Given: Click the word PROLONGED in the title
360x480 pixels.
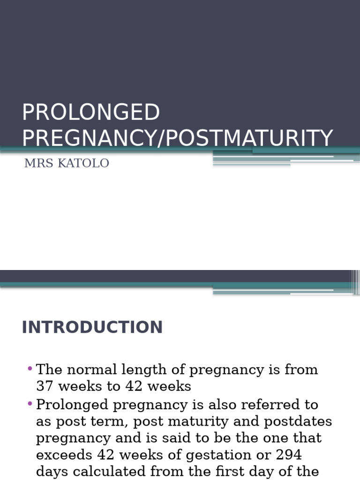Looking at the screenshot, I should tap(91, 112).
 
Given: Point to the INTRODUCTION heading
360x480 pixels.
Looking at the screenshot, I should tap(92, 327).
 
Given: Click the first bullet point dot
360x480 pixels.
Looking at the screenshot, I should tap(30, 368).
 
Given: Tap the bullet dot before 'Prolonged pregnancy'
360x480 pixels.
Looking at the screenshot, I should tap(30, 403).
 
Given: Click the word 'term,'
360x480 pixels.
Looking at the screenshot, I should tap(111, 421).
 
